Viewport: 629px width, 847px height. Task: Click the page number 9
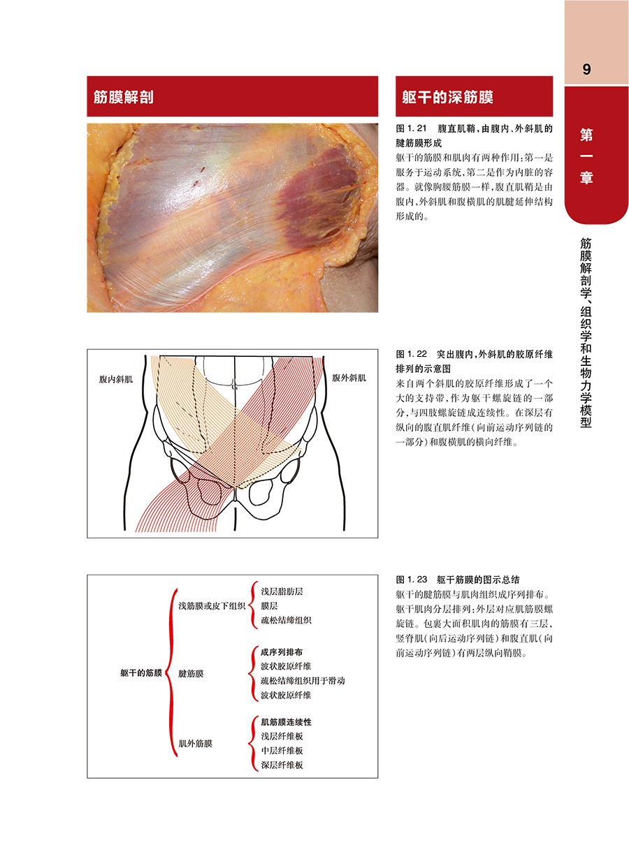click(x=586, y=69)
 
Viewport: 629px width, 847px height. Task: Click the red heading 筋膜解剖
click(x=124, y=97)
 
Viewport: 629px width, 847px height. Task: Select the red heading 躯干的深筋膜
click(x=447, y=97)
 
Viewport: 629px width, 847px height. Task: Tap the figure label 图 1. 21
click(x=411, y=128)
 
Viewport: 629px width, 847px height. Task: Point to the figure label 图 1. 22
click(x=411, y=355)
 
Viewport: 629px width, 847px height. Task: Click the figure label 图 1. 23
click(x=411, y=580)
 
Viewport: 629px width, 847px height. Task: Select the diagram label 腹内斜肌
click(x=116, y=379)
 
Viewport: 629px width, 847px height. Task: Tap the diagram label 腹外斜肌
click(x=349, y=378)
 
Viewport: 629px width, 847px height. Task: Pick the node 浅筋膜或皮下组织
click(x=212, y=606)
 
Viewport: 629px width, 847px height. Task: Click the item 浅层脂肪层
click(x=282, y=591)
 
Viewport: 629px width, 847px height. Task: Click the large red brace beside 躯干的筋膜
click(x=171, y=673)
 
